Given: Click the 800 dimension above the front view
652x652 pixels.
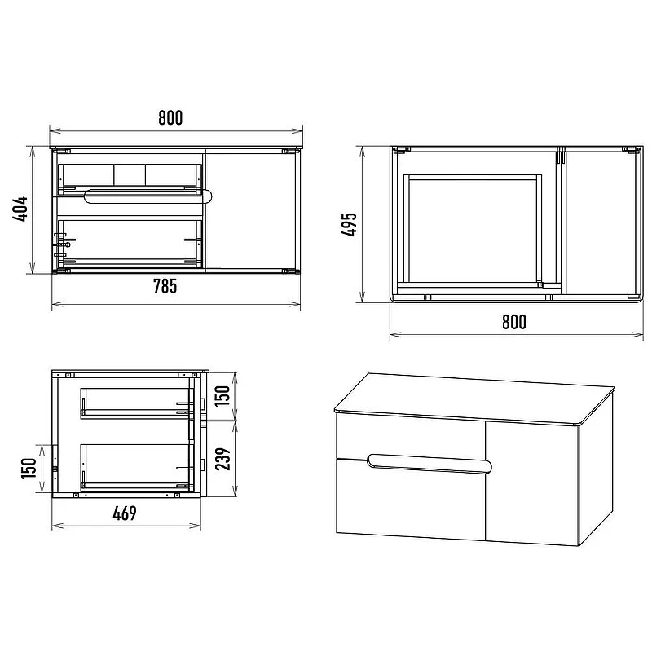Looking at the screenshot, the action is pos(170,118).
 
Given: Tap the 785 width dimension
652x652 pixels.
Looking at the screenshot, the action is pos(165,286).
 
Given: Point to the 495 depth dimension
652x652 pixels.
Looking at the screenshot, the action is pos(350,224).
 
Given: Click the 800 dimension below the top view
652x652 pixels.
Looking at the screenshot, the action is pos(514,322).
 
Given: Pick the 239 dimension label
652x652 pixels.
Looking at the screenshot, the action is pos(223,459).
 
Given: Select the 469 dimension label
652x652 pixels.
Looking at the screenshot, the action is pos(125,513).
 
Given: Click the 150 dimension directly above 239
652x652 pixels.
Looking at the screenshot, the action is pos(223,395).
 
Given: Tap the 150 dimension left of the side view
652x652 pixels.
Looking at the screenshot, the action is pos(29,468).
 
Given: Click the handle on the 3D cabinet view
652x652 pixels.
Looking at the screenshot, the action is pos(430,464).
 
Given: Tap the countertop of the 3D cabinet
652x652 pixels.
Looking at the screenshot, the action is pos(474,397).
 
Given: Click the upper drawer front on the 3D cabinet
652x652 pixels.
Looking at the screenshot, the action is pos(411,438).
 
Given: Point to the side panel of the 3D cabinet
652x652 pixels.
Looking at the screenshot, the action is pos(596,470).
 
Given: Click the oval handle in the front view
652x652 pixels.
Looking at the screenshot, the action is pos(149,196).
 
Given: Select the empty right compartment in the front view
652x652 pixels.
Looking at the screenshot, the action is pos(251,211).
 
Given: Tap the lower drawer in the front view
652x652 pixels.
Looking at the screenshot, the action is pos(130,244).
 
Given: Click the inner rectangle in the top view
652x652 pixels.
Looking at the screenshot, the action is pos(473,229).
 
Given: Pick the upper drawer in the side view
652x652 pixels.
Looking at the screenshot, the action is pos(137,403).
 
